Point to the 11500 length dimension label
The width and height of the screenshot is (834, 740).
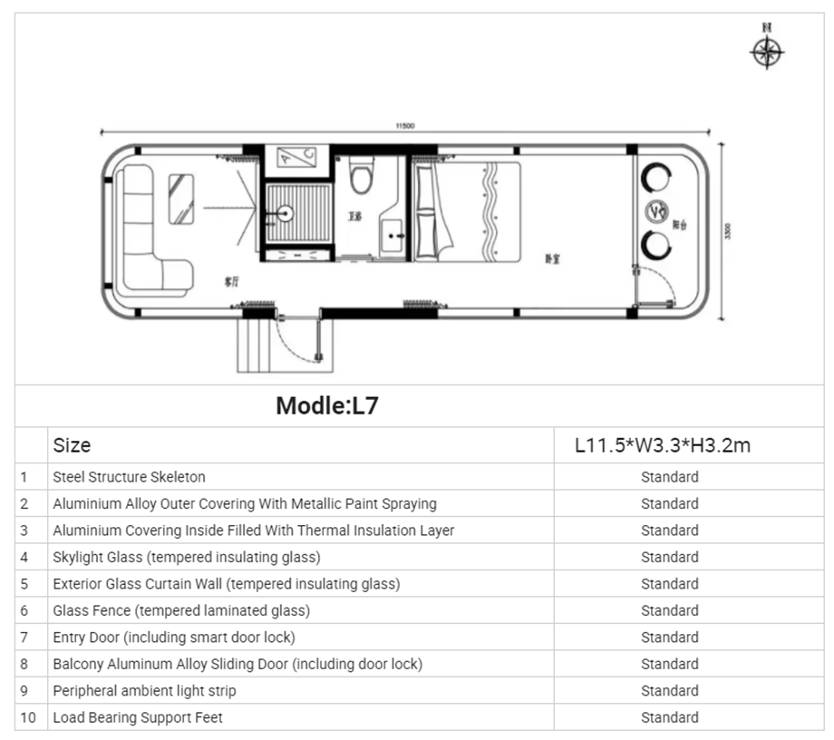(x=404, y=126)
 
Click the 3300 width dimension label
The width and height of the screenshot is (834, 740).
(x=726, y=231)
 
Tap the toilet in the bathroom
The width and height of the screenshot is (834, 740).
(x=361, y=176)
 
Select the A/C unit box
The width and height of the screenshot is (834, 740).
(x=296, y=160)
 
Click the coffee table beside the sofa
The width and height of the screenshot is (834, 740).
(x=181, y=198)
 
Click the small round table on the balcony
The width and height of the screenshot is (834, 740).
(x=656, y=210)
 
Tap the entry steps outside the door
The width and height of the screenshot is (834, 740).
(x=255, y=345)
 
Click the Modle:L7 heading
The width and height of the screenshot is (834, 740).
(x=326, y=405)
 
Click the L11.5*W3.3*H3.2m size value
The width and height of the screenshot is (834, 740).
(x=663, y=445)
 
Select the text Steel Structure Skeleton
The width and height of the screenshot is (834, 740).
(x=129, y=477)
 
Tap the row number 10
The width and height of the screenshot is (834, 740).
(x=28, y=717)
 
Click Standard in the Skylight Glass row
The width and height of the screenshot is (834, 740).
(x=669, y=557)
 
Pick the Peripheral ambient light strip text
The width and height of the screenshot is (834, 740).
(x=144, y=691)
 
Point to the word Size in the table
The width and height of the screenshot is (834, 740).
(x=72, y=445)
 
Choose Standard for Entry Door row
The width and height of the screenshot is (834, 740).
(x=669, y=638)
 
